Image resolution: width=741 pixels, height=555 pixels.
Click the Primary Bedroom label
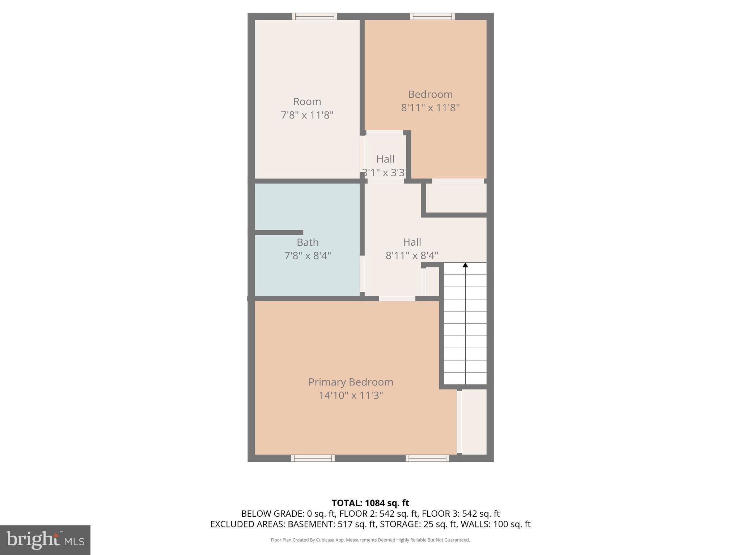tap(351, 382)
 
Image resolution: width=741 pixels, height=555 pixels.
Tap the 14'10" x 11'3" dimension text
tap(351, 395)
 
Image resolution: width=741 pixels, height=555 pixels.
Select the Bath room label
tap(308, 242)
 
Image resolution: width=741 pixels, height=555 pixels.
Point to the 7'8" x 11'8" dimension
tap(307, 115)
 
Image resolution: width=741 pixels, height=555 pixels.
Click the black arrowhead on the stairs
tap(465, 265)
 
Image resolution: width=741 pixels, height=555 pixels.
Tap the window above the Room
tap(314, 16)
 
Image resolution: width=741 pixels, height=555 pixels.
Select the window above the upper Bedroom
tap(432, 16)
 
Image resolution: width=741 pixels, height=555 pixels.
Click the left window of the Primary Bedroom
tap(313, 458)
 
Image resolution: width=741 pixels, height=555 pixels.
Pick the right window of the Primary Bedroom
tap(427, 458)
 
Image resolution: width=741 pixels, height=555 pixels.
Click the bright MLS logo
tap(45, 540)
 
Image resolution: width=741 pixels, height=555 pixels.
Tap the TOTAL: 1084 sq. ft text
tap(370, 503)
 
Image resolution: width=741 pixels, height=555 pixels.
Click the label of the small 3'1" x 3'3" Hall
tap(385, 159)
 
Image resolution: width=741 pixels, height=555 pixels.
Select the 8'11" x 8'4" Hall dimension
tap(412, 255)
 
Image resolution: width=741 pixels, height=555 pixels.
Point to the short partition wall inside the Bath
tap(279, 232)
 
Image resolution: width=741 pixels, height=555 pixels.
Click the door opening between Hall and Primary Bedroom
tap(397, 298)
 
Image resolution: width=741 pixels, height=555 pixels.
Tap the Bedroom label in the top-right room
tap(430, 94)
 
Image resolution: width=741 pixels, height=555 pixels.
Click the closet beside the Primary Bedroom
tap(474, 422)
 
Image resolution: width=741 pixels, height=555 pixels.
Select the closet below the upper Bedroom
tap(456, 198)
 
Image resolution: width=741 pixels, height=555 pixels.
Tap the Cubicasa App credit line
tap(370, 540)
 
